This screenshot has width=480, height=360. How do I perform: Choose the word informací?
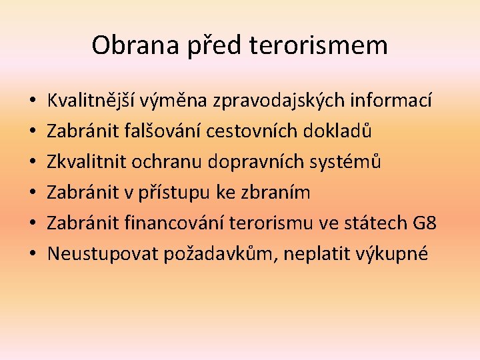(391, 100)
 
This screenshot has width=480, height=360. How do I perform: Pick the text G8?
(424, 223)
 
